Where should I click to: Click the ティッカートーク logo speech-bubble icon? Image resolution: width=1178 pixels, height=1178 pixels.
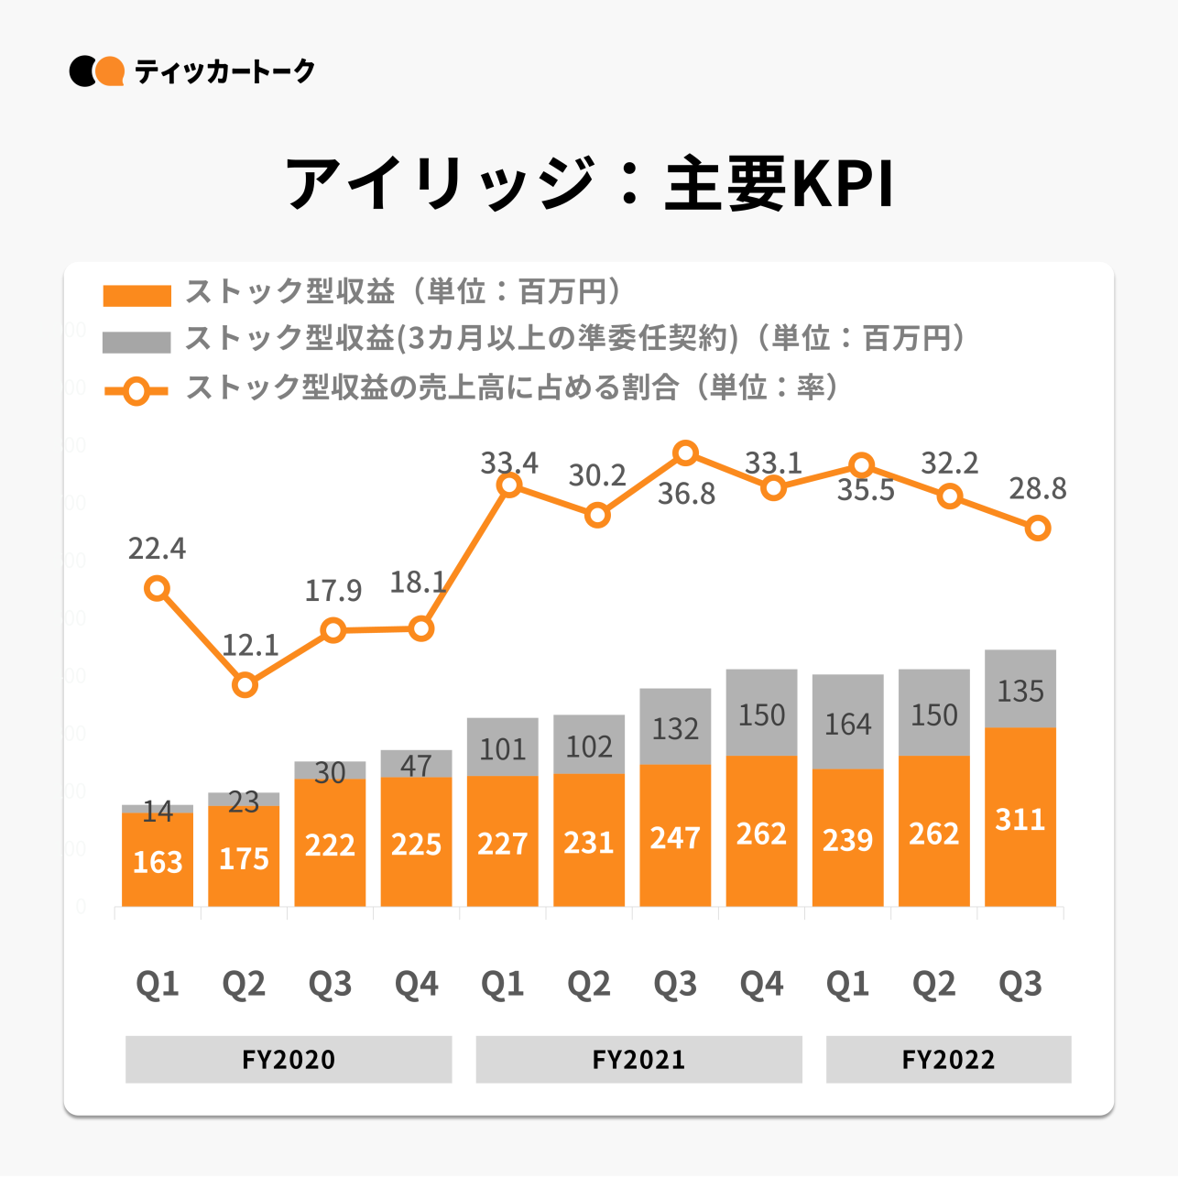96,71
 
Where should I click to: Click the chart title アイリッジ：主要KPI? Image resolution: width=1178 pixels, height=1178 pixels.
588,183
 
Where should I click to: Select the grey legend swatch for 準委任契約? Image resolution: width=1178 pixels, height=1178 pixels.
136,342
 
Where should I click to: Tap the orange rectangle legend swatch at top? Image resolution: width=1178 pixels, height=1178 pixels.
136,295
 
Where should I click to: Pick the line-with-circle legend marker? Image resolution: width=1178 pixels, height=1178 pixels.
136,391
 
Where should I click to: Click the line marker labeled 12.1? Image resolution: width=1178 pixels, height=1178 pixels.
245,684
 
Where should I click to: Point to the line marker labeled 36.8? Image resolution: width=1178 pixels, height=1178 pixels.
685,453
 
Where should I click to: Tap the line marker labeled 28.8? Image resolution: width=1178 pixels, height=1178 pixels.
1037,528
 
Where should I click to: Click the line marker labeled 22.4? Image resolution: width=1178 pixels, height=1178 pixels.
158,588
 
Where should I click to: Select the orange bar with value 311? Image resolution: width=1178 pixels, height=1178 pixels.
1020,817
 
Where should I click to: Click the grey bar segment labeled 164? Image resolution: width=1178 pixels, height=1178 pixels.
847,722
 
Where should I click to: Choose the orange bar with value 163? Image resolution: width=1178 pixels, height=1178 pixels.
158,860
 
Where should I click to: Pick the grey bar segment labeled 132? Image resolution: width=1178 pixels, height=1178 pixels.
675,726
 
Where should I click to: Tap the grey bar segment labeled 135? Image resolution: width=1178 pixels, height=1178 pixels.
1020,689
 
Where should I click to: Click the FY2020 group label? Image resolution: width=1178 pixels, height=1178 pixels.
289,1059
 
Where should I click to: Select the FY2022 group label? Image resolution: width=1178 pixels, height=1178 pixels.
948,1059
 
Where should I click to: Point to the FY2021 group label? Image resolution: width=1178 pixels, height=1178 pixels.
638,1059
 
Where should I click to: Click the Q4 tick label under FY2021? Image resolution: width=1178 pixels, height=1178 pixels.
761,984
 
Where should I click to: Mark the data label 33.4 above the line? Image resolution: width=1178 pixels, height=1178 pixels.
509,463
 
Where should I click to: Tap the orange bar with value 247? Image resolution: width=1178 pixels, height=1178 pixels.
675,835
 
